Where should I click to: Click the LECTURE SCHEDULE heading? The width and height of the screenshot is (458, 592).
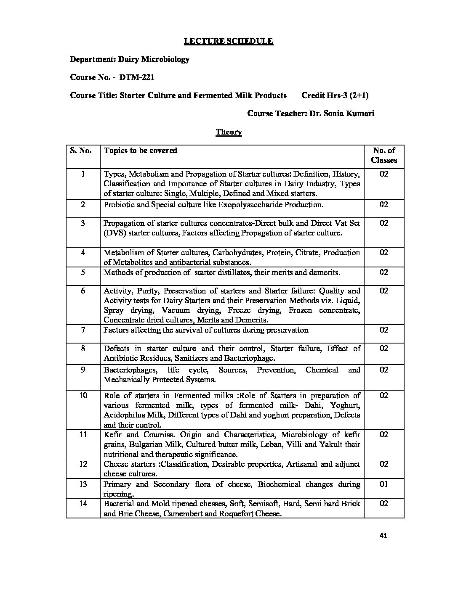[x=229, y=41]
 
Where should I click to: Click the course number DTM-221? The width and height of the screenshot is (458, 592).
[x=134, y=77]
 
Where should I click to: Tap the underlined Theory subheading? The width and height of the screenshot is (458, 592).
[x=229, y=132]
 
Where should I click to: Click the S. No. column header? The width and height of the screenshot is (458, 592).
[x=81, y=151]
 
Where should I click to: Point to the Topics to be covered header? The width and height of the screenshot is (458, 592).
[x=140, y=151]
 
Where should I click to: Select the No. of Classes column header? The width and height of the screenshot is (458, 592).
[x=384, y=155]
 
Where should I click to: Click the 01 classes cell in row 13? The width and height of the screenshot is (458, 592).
[x=384, y=484]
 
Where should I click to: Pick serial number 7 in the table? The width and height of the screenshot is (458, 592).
[x=83, y=330]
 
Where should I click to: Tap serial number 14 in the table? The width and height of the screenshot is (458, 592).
[x=83, y=504]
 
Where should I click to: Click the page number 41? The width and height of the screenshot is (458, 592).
[x=383, y=536]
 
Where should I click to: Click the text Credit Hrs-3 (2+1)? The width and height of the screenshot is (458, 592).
[x=335, y=95]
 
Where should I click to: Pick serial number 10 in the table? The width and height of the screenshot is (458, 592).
[x=83, y=396]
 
